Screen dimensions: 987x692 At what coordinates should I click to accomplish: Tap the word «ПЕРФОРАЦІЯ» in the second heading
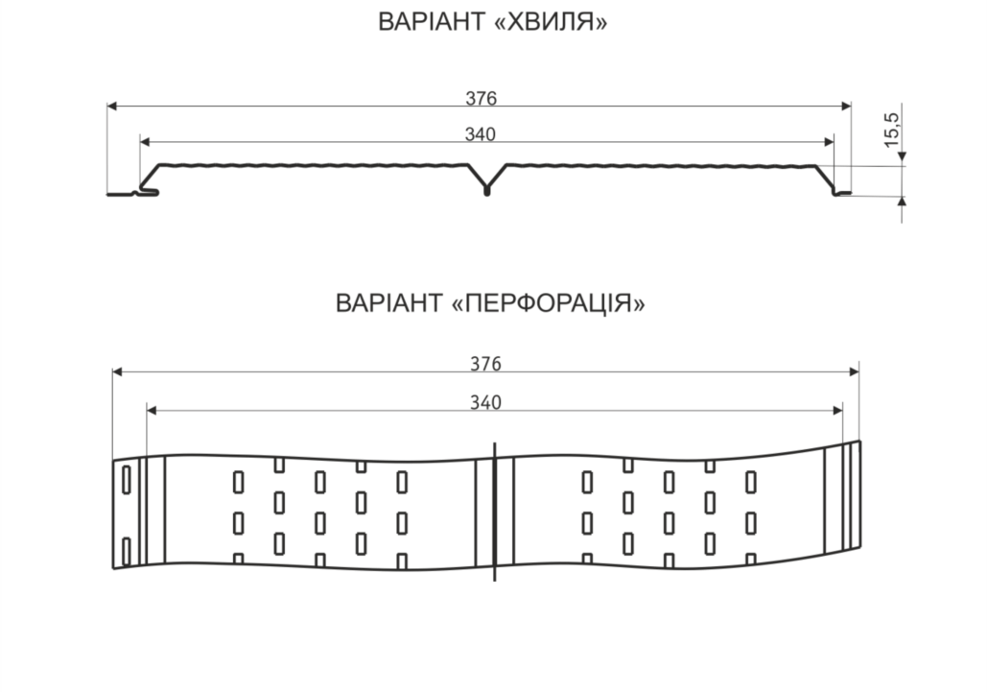click(x=549, y=303)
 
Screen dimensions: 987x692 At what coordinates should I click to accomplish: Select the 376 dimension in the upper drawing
click(x=481, y=98)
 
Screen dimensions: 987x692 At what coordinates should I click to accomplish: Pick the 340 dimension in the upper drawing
click(x=481, y=134)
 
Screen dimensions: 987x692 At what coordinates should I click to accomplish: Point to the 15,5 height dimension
click(x=893, y=131)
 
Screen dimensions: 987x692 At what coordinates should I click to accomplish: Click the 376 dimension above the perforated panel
click(x=486, y=364)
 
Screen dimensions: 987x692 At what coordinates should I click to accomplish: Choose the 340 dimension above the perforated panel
click(x=486, y=402)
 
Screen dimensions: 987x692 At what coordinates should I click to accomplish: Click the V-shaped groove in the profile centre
click(x=486, y=179)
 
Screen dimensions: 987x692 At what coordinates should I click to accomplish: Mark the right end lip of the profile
click(x=842, y=193)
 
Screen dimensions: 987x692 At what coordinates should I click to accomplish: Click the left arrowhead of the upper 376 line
click(x=112, y=107)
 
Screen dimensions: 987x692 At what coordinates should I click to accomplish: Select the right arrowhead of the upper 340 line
click(x=829, y=142)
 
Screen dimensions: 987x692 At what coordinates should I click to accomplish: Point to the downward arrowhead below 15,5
click(x=902, y=156)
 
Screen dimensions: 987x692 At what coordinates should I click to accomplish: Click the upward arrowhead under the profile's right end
click(x=902, y=202)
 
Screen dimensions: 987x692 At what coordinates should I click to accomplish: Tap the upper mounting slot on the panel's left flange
click(x=126, y=480)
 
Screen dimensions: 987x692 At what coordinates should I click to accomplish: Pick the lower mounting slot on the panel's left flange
click(x=126, y=552)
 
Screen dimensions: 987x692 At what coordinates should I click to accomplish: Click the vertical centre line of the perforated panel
click(x=495, y=512)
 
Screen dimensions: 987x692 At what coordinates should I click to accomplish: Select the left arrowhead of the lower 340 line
click(x=152, y=411)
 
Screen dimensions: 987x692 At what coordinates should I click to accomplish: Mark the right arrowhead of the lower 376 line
click(x=855, y=371)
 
